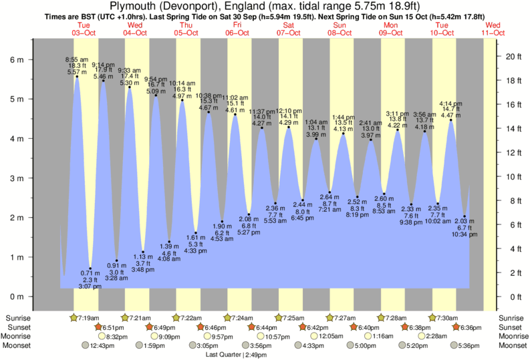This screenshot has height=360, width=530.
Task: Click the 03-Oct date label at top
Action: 84,32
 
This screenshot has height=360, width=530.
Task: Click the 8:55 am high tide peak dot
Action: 77,76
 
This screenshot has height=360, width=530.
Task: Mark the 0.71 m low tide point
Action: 90,268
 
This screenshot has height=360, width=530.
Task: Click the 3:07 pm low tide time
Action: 90,287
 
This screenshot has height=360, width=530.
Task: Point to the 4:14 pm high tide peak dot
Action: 451,120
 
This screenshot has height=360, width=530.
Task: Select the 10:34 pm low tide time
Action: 463,235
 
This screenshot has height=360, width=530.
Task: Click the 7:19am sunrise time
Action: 88,317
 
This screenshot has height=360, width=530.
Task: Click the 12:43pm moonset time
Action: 99,346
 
